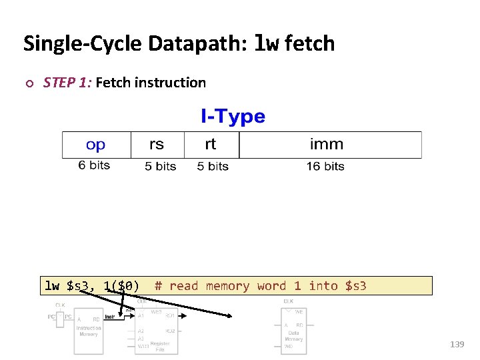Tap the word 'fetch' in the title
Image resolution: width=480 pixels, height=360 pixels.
coord(310,44)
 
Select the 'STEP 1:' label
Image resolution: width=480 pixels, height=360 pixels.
coord(67,83)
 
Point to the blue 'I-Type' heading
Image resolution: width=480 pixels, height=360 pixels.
coord(233,117)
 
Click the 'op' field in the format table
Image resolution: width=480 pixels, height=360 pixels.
coord(96,145)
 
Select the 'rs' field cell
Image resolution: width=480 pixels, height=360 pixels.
coord(156,145)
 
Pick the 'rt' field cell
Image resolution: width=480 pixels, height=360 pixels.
coord(211,145)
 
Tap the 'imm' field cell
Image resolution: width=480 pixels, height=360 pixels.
coord(327,145)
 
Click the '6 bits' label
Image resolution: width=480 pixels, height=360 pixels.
coord(94,165)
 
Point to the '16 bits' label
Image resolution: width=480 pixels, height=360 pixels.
coord(325,166)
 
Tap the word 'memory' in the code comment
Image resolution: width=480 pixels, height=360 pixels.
coord(227,286)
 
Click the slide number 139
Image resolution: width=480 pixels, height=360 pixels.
coord(457,345)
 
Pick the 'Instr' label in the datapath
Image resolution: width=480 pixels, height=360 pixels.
coord(110,317)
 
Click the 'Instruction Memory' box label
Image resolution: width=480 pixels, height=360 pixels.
coord(89,331)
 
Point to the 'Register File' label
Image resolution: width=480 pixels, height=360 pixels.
coord(160,346)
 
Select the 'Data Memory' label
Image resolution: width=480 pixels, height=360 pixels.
coord(293,336)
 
